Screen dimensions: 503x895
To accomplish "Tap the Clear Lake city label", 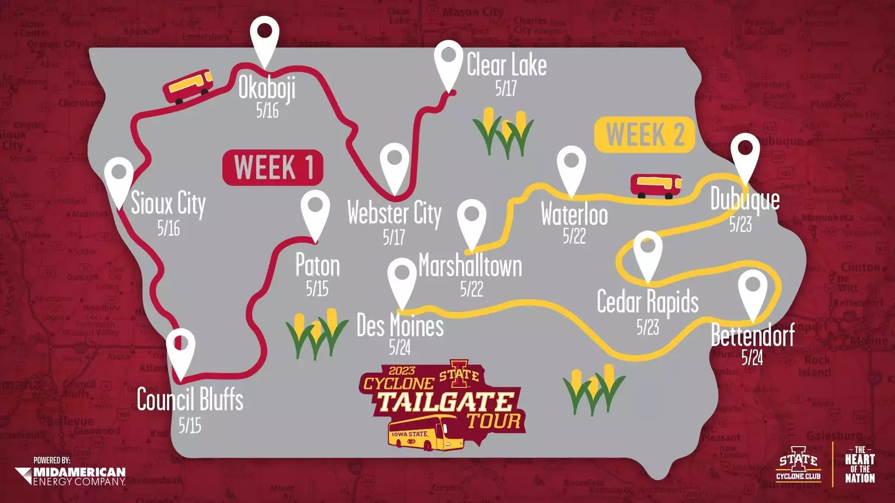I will [506, 65].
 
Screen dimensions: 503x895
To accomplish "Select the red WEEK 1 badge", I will [273, 167].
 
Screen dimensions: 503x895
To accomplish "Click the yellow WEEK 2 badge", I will [644, 135].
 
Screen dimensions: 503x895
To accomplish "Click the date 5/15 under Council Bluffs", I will [190, 425].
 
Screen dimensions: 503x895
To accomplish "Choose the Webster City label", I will [394, 213].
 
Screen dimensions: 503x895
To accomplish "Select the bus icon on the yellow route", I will [656, 186].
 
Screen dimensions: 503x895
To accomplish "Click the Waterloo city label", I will [574, 215].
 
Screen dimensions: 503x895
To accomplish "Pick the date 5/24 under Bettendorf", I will [752, 357].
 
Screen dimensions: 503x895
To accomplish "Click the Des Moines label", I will [400, 326].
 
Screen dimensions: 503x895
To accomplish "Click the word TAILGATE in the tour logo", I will [445, 402].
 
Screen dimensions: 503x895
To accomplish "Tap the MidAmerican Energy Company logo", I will [72, 475].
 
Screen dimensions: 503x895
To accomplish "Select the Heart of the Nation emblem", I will [860, 464].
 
